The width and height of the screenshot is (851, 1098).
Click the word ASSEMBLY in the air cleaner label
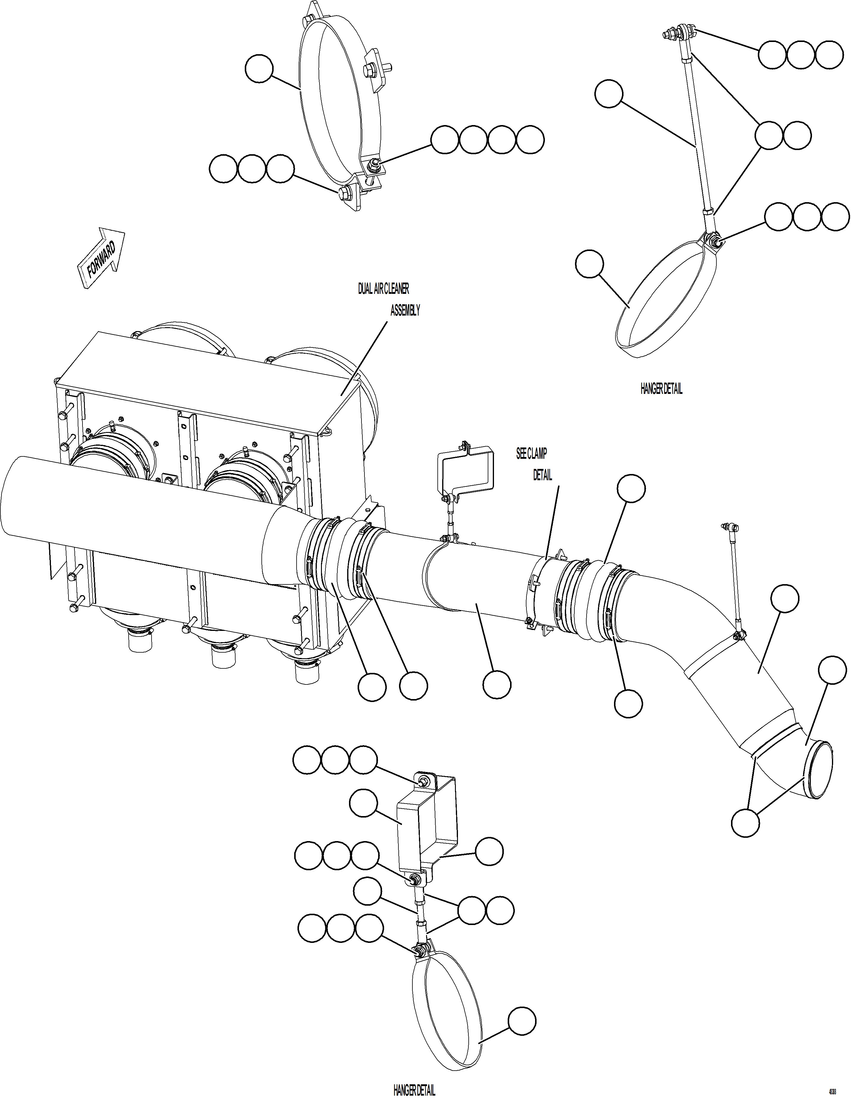(405, 311)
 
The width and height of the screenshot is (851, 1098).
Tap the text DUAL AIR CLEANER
(383, 288)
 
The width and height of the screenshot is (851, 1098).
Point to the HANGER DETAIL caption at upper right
(661, 389)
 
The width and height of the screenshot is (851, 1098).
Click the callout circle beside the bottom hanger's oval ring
(522, 1021)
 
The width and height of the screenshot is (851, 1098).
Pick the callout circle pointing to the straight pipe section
(497, 684)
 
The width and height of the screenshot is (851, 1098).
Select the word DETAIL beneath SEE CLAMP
(542, 475)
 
